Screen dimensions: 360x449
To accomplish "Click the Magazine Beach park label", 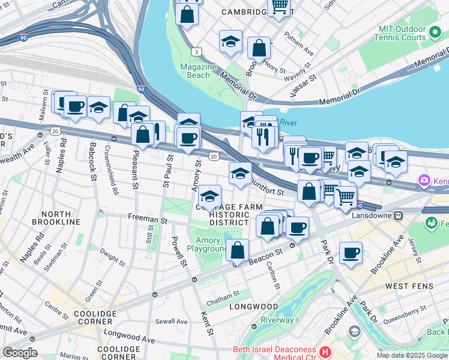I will [199, 71].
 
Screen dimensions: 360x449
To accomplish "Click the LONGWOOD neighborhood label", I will [253, 307].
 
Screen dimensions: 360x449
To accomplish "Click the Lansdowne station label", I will [372, 215].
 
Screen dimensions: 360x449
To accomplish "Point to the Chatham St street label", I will [223, 293].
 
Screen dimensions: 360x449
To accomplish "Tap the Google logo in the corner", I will [20, 353].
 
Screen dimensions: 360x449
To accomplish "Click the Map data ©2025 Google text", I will [411, 355].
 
